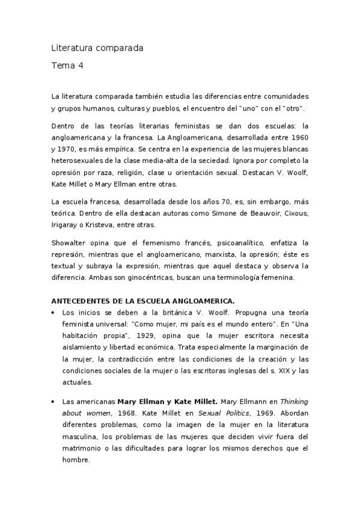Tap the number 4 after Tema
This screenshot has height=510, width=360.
pos(81,66)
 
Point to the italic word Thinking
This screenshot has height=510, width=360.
pos(295,401)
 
